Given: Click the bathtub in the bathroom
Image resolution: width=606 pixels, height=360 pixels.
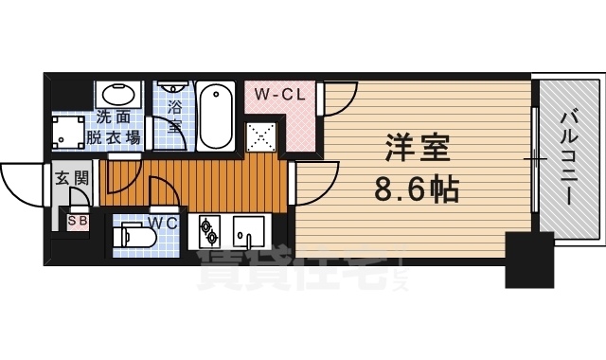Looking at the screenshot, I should [218, 117].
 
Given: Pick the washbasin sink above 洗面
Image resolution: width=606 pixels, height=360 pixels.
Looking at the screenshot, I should [118, 96].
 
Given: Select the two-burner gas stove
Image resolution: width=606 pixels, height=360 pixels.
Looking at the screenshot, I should [207, 230].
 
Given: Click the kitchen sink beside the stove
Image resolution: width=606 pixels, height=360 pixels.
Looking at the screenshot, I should [249, 230].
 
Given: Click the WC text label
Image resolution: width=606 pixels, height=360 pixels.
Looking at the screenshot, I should [163, 224].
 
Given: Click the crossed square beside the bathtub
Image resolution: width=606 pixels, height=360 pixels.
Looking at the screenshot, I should [259, 136].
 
